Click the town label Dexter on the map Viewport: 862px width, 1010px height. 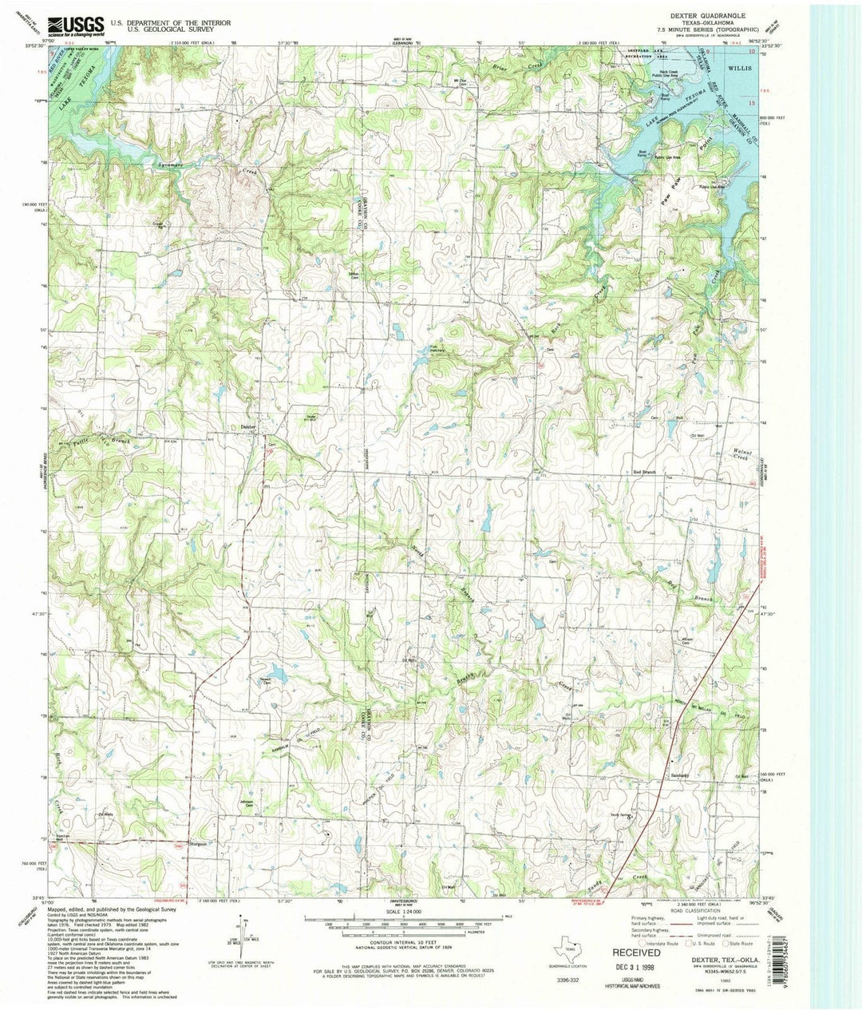248,427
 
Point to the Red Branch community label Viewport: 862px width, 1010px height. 644,473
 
